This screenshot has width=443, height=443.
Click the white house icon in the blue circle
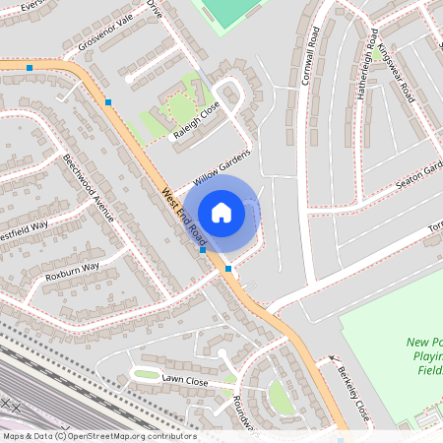click(x=221, y=213)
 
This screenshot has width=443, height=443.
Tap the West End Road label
click(x=184, y=217)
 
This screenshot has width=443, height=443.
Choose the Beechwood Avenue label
click(x=89, y=186)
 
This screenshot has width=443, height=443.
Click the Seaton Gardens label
click(x=418, y=176)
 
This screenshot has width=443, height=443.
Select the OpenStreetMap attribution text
click(x=98, y=436)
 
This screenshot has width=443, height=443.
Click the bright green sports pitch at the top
click(x=230, y=11)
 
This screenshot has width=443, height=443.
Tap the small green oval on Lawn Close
click(x=147, y=374)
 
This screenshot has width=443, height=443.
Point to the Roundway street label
click(x=244, y=412)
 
